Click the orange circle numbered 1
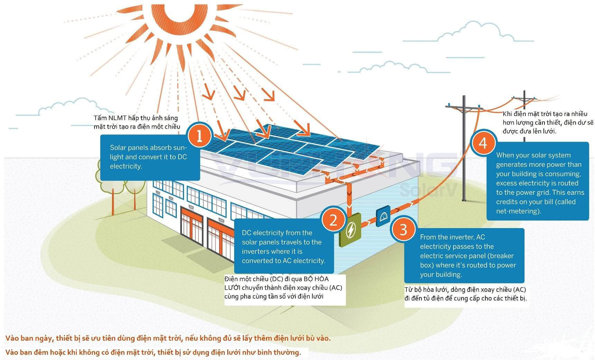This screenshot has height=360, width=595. point(199,136)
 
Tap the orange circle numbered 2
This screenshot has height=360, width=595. point(333,219)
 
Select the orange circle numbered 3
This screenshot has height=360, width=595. point(403,229)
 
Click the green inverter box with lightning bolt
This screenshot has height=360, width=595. point(350,230)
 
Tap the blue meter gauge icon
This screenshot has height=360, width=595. point(383,216)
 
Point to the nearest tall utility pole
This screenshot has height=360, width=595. point(464,149)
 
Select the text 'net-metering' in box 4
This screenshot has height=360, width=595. point(518,211)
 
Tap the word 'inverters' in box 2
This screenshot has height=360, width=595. point(256,251)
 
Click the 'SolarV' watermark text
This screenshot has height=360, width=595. point(429,190)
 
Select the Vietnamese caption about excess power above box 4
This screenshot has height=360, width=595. point(547,123)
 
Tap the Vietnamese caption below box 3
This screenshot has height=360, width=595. point(465,294)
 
